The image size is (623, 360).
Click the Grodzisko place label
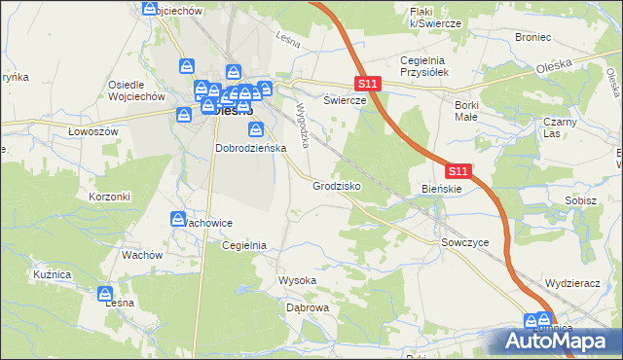pyautogui.click(x=337, y=185)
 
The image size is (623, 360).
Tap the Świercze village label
pyautogui.click(x=345, y=100)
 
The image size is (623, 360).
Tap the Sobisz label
pyautogui.click(x=580, y=199)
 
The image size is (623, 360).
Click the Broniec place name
pyautogui.click(x=534, y=36)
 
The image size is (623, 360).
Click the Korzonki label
pyautogui.click(x=109, y=196)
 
